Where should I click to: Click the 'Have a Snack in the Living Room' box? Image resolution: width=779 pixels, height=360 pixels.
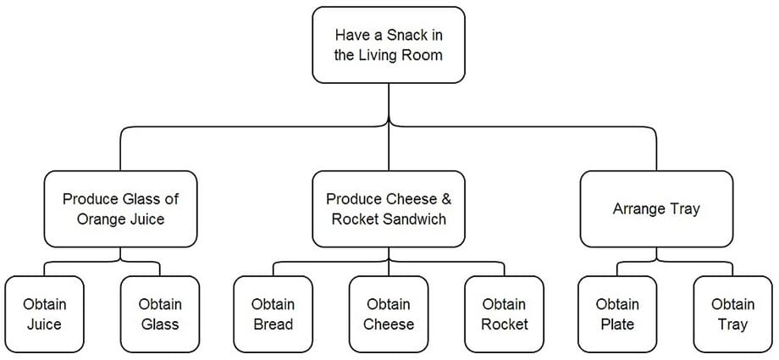(389, 46)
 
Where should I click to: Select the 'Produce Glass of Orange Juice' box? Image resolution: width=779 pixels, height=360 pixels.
(120, 209)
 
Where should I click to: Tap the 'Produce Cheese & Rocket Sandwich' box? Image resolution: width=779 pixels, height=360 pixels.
(389, 209)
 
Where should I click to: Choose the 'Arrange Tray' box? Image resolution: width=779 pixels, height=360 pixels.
(656, 209)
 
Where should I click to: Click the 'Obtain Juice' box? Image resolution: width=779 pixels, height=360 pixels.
(45, 314)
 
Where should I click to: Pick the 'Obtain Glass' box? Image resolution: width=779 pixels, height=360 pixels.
(160, 314)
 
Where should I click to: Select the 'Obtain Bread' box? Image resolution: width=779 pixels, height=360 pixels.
(273, 314)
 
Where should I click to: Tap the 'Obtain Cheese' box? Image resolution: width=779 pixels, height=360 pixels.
(389, 314)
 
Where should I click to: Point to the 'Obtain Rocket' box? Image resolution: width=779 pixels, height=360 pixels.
(505, 314)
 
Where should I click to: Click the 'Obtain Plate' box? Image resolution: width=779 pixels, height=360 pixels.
(617, 314)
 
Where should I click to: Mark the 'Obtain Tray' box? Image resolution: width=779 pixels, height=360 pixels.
(732, 314)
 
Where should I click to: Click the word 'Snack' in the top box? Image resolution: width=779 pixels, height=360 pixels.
(402, 36)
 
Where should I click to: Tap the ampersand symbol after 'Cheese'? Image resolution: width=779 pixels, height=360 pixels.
(446, 200)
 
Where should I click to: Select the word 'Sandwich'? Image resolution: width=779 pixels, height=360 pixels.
(417, 219)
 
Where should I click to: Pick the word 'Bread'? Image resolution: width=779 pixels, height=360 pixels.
(273, 324)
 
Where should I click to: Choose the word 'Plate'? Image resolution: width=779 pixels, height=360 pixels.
(617, 324)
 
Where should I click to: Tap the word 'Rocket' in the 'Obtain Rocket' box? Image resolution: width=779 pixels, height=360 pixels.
(505, 324)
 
